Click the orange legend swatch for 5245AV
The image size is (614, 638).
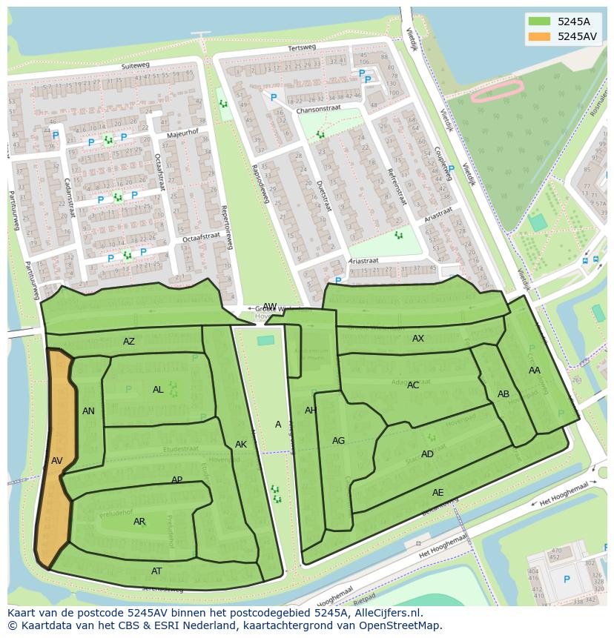click(540, 36)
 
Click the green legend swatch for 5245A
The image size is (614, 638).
click(540, 21)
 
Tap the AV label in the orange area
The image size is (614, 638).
click(57, 461)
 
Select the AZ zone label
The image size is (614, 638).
click(129, 342)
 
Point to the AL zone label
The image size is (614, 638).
click(158, 390)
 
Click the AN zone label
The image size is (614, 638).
click(88, 411)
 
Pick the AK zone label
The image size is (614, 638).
click(241, 445)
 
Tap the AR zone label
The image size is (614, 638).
click(139, 522)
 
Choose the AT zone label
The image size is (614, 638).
click(156, 571)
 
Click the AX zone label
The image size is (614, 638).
click(418, 339)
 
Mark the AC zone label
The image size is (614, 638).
click(413, 385)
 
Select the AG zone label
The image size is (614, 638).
click(338, 441)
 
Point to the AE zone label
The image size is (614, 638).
click(438, 493)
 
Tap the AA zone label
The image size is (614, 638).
click(535, 370)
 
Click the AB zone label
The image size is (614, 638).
click(504, 394)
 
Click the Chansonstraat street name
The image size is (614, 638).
click(318, 108)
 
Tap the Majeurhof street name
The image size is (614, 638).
click(182, 134)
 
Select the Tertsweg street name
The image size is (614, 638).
click(301, 48)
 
